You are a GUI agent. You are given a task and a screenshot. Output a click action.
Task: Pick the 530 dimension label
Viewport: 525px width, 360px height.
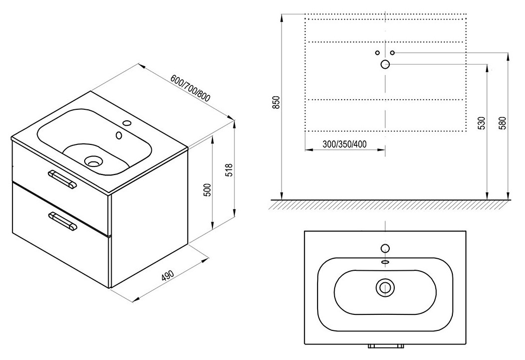[x=481, y=123]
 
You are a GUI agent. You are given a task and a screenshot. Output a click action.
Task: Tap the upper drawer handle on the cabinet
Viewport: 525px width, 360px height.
[x=62, y=178]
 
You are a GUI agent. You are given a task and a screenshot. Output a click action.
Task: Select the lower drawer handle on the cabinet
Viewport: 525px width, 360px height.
[x=63, y=221]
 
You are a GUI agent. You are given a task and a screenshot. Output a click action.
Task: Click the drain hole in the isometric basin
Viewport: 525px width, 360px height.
[x=93, y=161]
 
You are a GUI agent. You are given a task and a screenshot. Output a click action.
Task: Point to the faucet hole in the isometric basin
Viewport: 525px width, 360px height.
[x=119, y=135]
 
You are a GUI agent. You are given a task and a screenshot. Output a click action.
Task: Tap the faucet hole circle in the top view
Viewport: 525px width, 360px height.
[x=385, y=248]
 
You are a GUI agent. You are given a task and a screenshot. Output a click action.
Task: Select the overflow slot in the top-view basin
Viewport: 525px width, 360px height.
[x=385, y=262]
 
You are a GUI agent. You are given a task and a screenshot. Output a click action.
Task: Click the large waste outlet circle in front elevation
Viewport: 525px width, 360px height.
[x=385, y=64]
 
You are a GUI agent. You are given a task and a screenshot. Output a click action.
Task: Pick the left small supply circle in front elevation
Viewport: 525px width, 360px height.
[x=378, y=52]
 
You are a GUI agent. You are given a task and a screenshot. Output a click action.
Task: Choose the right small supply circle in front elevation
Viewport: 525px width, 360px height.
[x=392, y=52]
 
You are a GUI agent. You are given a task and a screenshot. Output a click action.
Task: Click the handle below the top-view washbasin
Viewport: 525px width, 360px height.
[x=385, y=345]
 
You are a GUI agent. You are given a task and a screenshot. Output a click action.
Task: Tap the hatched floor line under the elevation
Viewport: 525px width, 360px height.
[x=391, y=203]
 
